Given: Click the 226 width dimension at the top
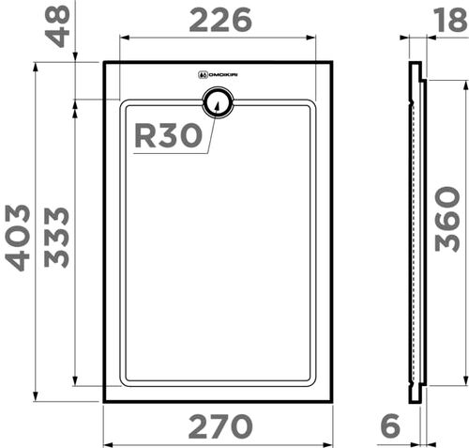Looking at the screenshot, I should (x=220, y=19).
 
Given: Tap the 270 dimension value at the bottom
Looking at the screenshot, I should (x=220, y=427).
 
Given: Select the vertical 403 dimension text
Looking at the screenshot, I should (x=19, y=237).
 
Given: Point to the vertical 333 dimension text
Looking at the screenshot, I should (x=56, y=237).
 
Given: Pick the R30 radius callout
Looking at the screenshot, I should (x=168, y=136).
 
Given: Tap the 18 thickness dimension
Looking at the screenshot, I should (x=447, y=18).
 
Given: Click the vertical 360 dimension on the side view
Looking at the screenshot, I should (x=447, y=218).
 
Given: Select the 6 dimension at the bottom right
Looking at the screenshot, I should (x=391, y=427).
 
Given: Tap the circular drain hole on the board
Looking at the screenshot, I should (x=218, y=100).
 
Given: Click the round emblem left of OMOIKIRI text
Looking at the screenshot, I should (x=202, y=74).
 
